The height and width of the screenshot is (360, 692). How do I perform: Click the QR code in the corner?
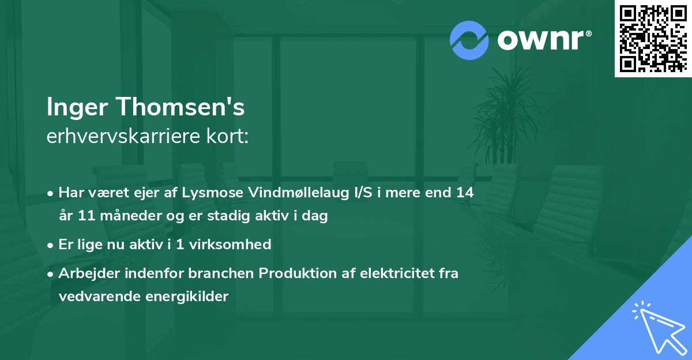click(653, 38)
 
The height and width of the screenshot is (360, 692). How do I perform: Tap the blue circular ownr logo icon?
click(469, 40)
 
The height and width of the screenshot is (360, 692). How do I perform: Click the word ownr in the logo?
click(541, 40)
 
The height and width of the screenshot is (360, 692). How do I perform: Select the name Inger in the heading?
click(78, 107)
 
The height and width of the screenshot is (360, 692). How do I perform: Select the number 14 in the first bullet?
click(465, 193)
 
